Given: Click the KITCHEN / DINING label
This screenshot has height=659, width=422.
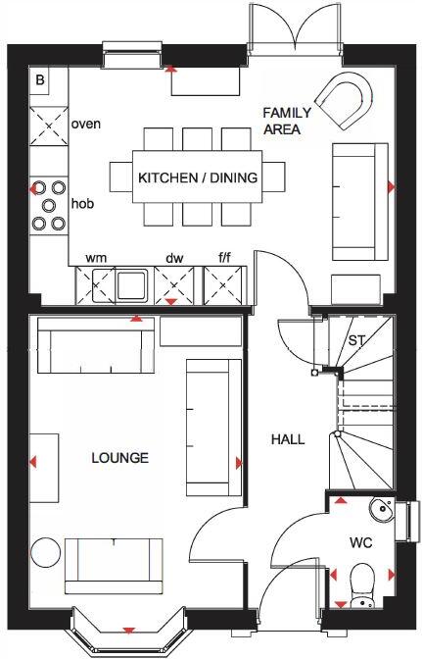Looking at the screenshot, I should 197,178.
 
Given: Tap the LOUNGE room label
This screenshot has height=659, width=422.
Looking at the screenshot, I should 119,458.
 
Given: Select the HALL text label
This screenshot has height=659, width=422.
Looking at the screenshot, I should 288,439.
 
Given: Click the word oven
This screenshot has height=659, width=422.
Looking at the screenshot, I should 86,125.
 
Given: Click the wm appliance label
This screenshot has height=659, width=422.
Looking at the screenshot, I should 96,258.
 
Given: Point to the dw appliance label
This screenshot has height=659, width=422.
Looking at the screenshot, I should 174,258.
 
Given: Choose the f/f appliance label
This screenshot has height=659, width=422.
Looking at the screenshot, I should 224,258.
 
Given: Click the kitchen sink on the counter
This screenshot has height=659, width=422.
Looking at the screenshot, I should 130,285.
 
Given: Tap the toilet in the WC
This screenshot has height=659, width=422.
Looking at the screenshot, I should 361,583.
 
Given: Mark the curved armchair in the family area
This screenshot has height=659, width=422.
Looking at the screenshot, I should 348,101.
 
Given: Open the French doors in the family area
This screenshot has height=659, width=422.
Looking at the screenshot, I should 295,29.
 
